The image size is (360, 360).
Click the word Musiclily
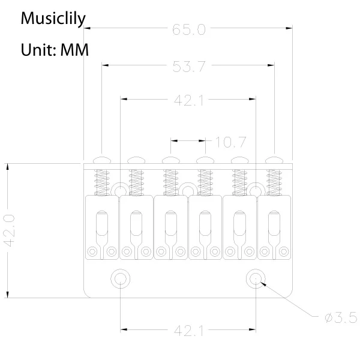pos(53,18)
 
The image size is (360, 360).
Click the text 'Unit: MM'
pos(55,49)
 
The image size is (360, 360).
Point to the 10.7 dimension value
pos(230,142)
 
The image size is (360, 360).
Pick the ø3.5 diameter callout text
pos(341,317)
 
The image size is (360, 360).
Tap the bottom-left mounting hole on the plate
pos(121,277)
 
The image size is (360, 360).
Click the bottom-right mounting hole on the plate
pos(256,277)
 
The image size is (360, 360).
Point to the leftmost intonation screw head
pos(103,160)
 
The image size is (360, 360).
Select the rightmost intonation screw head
pos(275,160)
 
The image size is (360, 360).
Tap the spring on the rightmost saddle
pos(275,179)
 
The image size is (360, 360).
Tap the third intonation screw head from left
pos(171,160)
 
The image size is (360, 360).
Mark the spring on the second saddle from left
pos(137,179)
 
